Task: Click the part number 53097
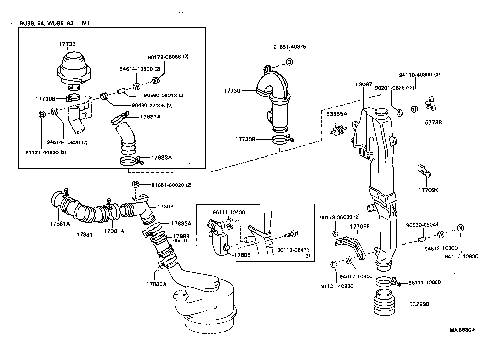[x=364, y=84]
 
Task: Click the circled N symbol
[x=461, y=228]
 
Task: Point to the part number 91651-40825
[x=290, y=47]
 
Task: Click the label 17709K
[x=428, y=190]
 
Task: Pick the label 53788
[x=433, y=123]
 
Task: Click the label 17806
[x=165, y=207]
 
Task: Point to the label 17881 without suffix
[x=85, y=234]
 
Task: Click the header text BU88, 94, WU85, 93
[x=42, y=24]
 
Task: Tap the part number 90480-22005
[x=147, y=105]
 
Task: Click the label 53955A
[x=336, y=114]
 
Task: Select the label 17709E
[x=359, y=226]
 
